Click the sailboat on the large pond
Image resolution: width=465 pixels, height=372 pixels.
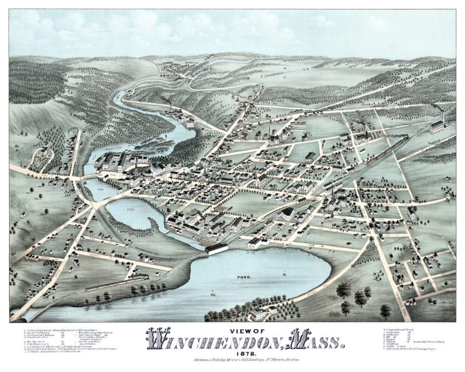tap(285, 273)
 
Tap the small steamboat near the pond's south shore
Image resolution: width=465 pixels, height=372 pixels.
tap(213, 294)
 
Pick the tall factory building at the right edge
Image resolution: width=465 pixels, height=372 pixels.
tap(438, 126)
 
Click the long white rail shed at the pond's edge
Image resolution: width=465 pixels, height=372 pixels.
tap(217, 248)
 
